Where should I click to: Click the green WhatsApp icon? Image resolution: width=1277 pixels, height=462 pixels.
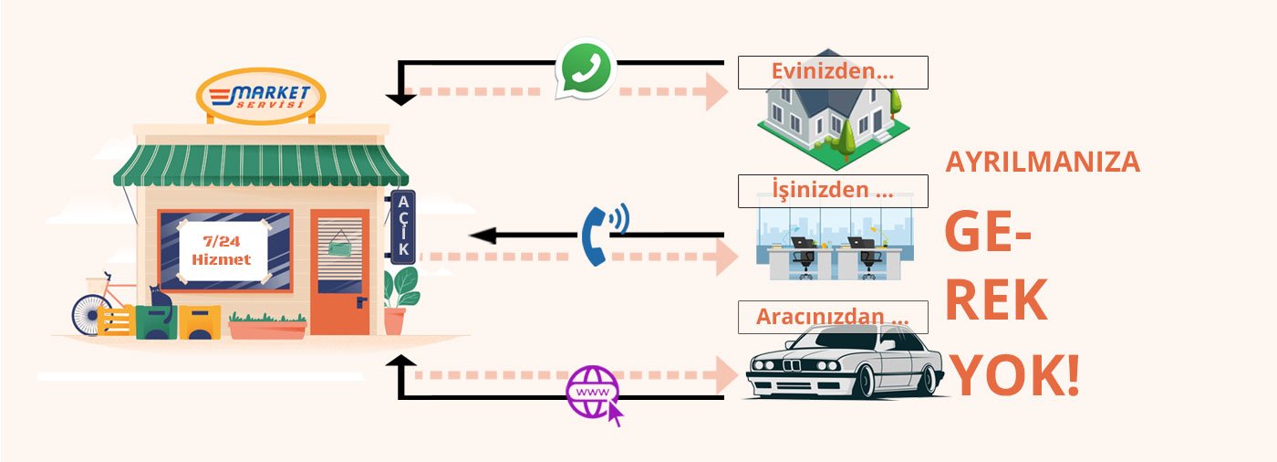click(x=586, y=67)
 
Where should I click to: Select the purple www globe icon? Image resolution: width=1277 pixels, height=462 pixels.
click(x=592, y=393)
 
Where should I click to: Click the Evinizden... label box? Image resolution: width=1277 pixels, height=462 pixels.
click(x=832, y=72)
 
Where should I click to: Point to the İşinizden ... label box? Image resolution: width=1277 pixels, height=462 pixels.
click(x=832, y=191)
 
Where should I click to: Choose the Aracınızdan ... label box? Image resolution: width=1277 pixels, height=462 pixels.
click(x=832, y=317)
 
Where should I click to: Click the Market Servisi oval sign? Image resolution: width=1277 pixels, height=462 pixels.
click(x=261, y=96)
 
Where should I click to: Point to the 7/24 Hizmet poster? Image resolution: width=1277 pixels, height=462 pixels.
click(x=222, y=247)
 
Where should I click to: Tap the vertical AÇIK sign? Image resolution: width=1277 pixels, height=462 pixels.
click(x=403, y=226)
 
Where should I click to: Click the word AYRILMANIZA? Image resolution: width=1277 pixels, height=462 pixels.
click(x=1043, y=162)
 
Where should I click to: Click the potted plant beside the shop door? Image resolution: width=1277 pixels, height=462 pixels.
click(x=398, y=301)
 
